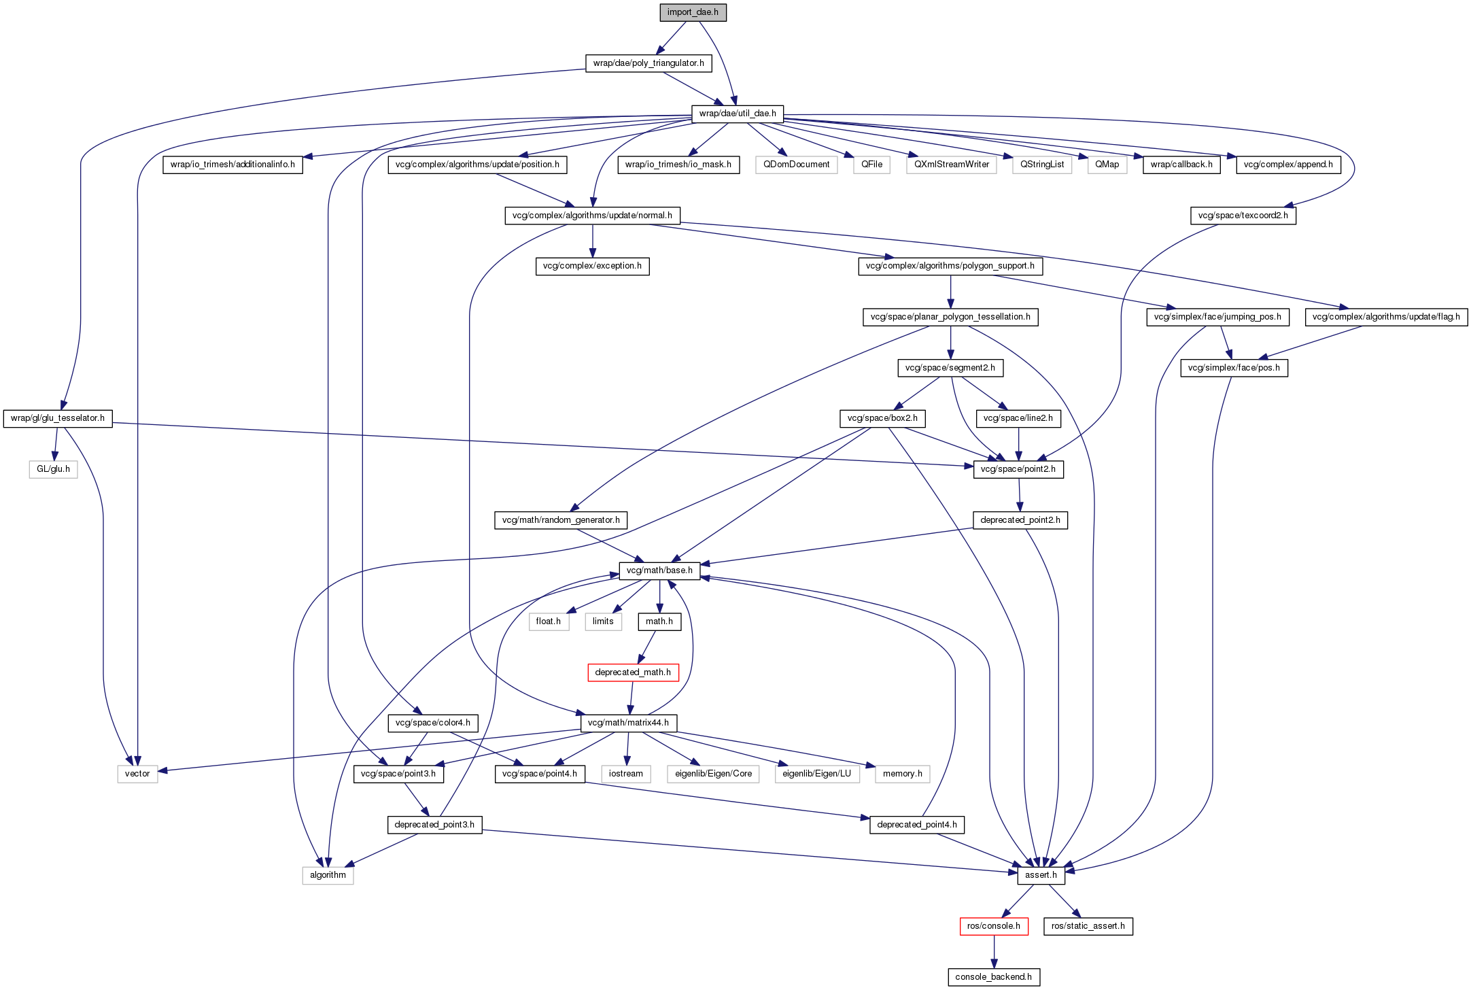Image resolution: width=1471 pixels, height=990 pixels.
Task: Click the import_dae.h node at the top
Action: pos(693,12)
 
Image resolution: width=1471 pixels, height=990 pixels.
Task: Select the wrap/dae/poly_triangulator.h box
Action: pos(648,63)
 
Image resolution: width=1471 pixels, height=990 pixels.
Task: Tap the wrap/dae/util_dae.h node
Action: pos(738,114)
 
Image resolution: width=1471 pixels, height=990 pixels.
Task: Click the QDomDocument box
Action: pos(796,165)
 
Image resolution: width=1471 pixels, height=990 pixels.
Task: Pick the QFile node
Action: pos(871,165)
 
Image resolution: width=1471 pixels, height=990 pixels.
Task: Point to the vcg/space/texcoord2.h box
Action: pos(1243,216)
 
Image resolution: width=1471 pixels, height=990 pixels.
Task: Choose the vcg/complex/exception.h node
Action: pos(592,266)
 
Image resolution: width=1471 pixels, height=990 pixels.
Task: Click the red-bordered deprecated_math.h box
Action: pos(633,672)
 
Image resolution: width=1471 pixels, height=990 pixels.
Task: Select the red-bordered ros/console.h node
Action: pos(993,926)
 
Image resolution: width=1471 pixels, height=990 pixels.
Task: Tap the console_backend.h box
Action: pos(993,977)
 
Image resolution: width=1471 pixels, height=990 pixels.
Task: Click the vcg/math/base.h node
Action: pos(659,570)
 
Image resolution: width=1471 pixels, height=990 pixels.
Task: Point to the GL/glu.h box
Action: pos(53,469)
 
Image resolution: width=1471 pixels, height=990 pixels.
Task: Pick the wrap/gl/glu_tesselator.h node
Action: pos(58,418)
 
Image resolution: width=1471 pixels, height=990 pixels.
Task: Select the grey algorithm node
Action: pos(328,875)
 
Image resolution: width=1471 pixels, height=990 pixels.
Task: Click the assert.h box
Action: pos(1041,875)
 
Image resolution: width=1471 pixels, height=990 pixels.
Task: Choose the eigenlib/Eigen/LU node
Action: pos(816,774)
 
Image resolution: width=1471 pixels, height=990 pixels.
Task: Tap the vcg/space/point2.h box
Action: pos(1018,469)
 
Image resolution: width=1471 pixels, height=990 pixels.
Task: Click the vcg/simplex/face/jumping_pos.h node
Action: pos(1217,317)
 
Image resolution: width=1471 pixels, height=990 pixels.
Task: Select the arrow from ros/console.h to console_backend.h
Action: pos(993,951)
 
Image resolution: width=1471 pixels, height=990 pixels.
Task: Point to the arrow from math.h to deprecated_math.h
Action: pos(646,647)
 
